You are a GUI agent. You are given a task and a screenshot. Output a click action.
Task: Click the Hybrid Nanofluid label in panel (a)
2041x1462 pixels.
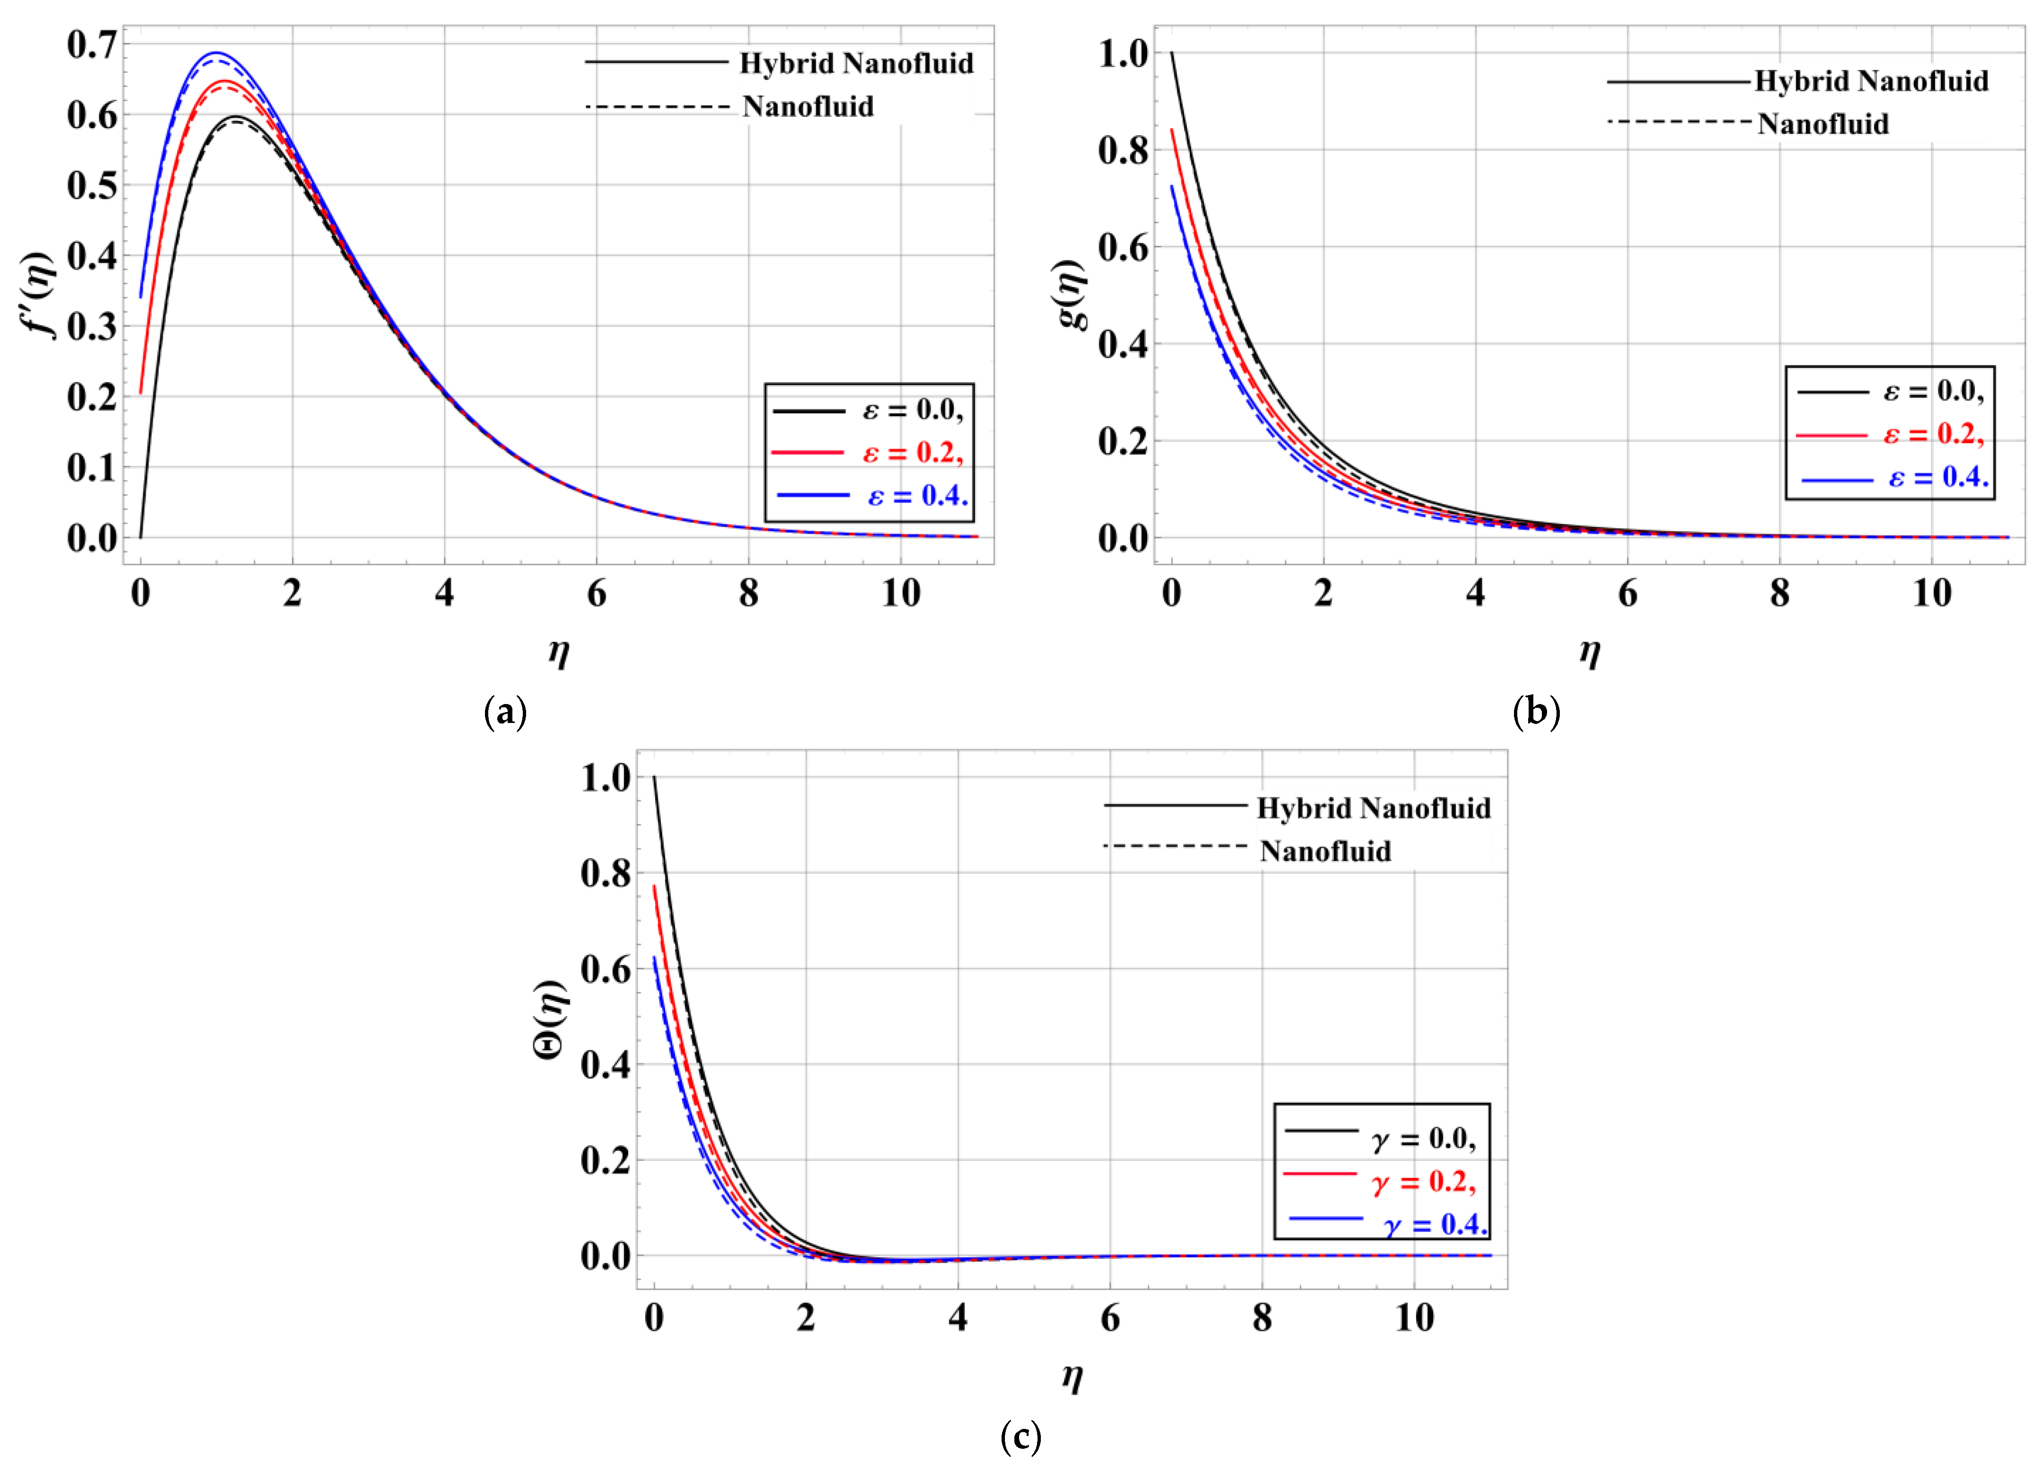click(x=856, y=64)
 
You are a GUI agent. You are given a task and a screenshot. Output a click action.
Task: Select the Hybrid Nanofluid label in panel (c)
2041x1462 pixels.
click(x=1373, y=809)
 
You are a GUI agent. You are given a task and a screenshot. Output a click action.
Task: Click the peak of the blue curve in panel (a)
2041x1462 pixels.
click(x=216, y=53)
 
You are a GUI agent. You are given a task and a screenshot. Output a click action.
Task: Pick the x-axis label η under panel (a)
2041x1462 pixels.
click(x=559, y=651)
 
